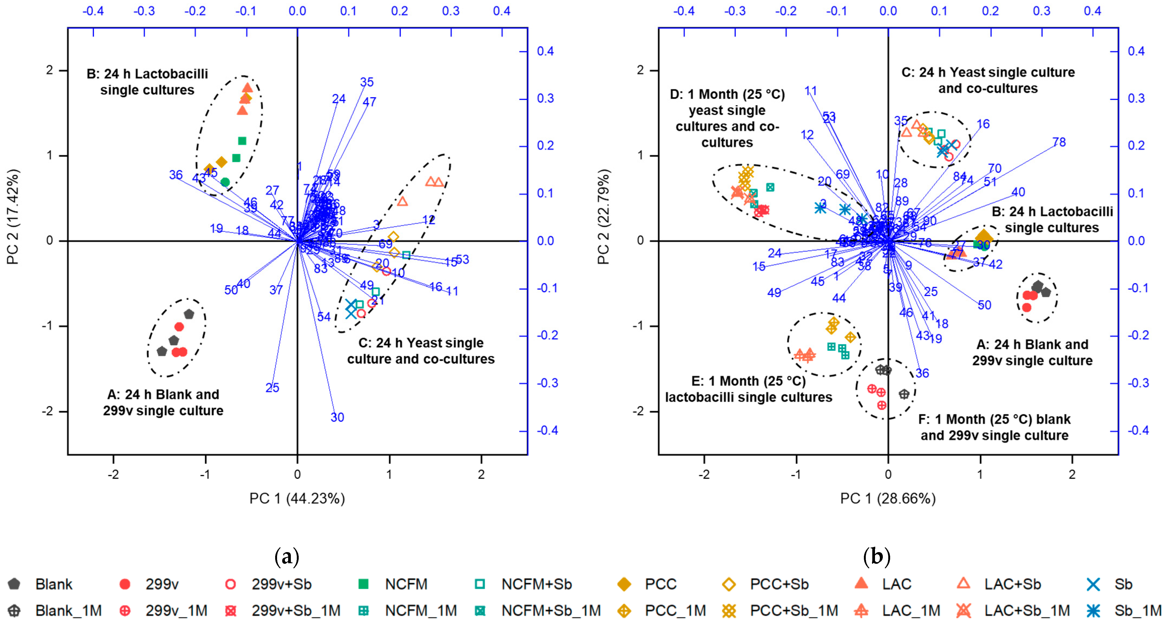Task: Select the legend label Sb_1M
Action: [1138, 611]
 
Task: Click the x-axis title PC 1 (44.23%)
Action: [297, 499]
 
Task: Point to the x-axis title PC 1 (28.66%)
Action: [888, 499]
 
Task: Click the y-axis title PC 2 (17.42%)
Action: [13, 217]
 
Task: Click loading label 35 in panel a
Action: [367, 82]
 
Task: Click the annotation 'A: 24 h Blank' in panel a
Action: [163, 395]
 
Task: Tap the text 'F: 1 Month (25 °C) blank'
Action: [994, 419]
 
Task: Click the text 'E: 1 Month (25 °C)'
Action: [749, 381]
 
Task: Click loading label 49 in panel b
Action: [774, 293]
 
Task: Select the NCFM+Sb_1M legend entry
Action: [550, 611]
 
